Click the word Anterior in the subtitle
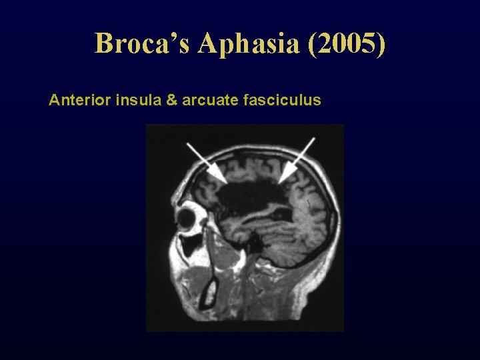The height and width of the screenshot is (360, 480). click(80, 101)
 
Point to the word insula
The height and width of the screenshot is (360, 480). click(134, 101)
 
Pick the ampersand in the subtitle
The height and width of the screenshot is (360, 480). click(163, 101)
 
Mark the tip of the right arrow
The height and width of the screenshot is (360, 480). click(280, 182)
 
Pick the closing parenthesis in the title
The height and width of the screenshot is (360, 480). click(381, 43)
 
